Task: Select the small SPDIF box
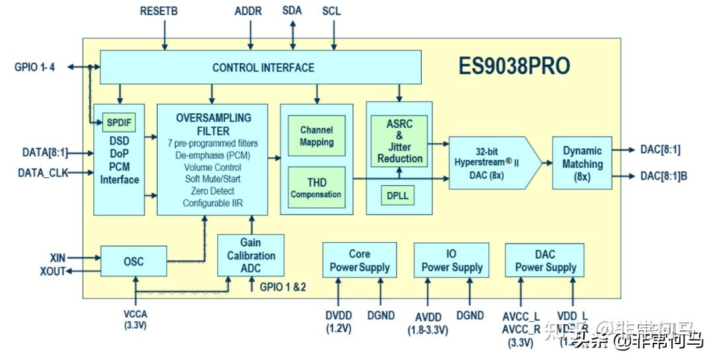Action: (119, 122)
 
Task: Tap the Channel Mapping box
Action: (316, 136)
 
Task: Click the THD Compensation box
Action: (316, 188)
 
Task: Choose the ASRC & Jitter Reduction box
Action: (399, 140)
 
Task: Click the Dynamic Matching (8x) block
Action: (582, 163)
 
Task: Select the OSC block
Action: (134, 261)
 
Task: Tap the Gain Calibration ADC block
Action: (250, 255)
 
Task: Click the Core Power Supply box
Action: (359, 260)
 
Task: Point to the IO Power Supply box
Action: (452, 260)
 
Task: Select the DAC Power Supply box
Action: (545, 260)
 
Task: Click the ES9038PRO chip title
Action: (514, 67)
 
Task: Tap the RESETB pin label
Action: (159, 11)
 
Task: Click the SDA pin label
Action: (293, 11)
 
